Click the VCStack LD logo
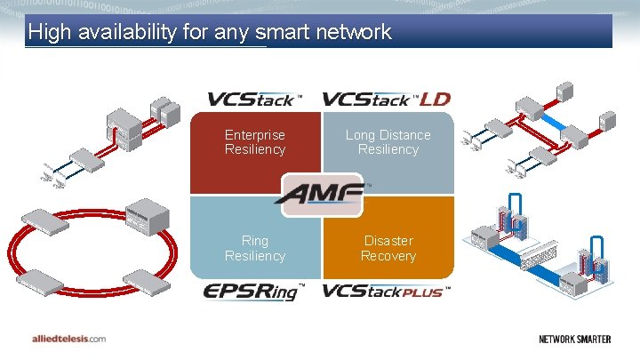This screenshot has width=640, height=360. (x=387, y=99)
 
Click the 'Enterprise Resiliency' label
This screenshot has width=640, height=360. (x=255, y=142)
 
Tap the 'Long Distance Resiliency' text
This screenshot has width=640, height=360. (x=388, y=142)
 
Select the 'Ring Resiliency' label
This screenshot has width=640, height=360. (x=255, y=248)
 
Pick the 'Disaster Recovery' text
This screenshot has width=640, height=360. (x=388, y=248)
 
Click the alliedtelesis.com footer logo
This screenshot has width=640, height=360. (x=64, y=339)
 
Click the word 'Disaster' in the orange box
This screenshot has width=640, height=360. (x=388, y=241)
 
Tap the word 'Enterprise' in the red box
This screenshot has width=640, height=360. (x=255, y=135)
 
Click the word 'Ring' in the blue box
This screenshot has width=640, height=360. (x=255, y=241)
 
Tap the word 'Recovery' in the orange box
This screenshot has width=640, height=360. (x=388, y=256)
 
